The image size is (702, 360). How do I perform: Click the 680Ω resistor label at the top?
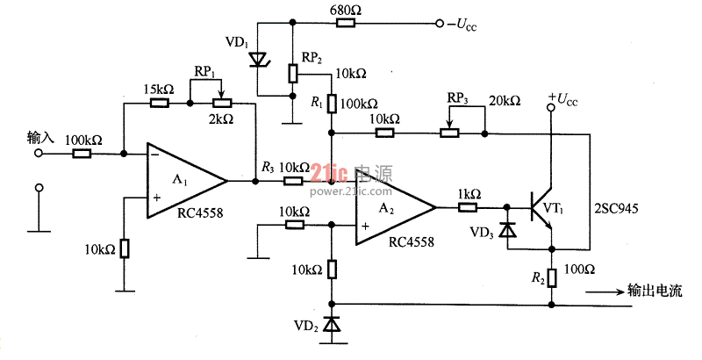coord(345,11)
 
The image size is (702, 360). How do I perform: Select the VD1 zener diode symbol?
coord(258,60)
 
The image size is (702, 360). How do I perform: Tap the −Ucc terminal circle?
coord(440,24)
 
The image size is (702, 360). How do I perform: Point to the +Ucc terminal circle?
coord(551,107)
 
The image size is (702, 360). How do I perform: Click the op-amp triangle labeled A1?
coord(187,182)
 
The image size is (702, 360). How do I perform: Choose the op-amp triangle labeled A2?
coord(396,208)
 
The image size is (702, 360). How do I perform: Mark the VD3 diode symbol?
coord(507,230)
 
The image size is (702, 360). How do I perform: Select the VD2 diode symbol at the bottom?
coord(332,324)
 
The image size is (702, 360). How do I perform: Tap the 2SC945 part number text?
coord(616,208)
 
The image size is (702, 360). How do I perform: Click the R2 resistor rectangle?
coord(552,277)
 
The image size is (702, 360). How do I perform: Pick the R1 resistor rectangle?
coord(332,104)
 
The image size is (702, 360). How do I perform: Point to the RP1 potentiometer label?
coord(204,72)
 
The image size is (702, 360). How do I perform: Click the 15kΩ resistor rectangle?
coord(160,103)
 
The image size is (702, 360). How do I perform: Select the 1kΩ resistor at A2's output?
coord(468,207)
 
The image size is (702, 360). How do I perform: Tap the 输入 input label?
coord(40,138)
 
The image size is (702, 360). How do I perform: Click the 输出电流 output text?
coord(655,291)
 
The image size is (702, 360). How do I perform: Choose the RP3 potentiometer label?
coord(457,99)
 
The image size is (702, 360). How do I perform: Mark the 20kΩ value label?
coord(505,101)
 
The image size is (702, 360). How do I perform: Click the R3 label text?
coord(268,169)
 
